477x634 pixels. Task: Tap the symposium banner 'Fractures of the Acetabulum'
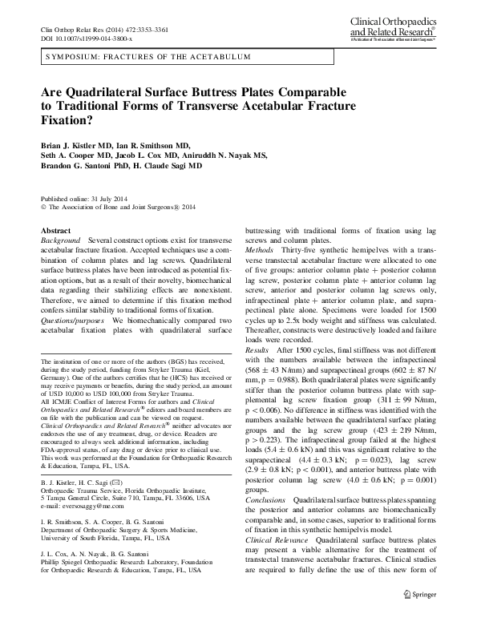[x=131, y=58]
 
